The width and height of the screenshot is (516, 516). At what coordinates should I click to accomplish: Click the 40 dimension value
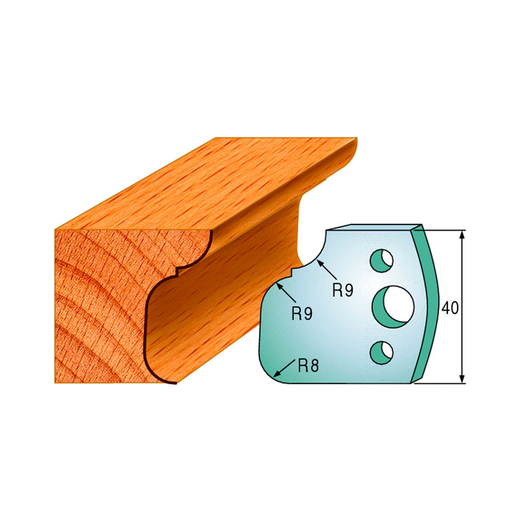coord(450,308)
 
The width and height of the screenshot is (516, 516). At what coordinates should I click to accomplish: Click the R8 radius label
coord(309,365)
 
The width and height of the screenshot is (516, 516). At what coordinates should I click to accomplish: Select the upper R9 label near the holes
coord(343,290)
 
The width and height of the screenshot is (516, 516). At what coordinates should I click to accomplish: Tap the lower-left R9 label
coord(302,313)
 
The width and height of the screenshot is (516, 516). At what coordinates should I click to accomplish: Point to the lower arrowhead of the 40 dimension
coord(462,379)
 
